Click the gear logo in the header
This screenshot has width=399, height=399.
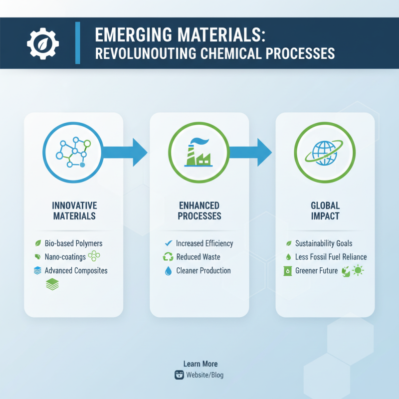[43, 42]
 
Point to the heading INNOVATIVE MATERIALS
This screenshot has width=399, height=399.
[74, 211]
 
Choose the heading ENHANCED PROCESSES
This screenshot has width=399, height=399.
[199, 211]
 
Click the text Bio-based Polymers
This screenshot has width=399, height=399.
[73, 243]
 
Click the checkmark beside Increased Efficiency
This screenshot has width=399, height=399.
[168, 243]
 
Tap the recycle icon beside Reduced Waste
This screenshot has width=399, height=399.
[168, 257]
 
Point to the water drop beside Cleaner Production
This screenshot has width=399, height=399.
[168, 271]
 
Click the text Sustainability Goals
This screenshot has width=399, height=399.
[324, 243]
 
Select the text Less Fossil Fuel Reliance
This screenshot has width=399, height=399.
[331, 257]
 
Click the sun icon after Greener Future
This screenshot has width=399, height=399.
[358, 271]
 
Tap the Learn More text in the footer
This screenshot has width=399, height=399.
[200, 364]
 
